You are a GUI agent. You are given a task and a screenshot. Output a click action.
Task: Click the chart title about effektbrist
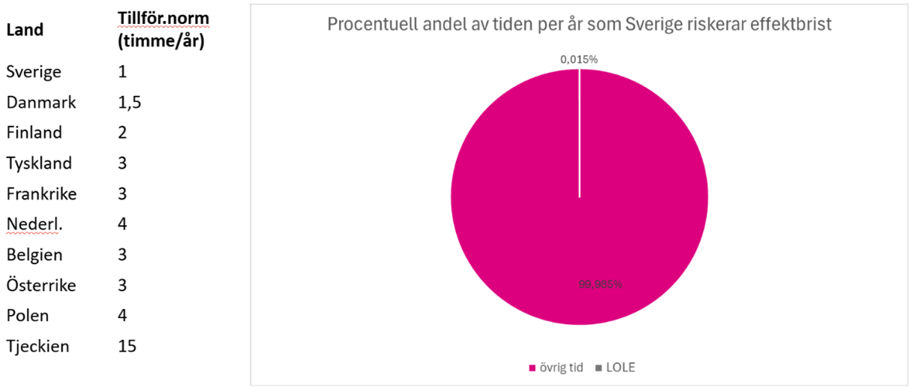point(579,24)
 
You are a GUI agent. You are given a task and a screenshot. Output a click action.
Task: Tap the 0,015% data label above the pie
point(579,59)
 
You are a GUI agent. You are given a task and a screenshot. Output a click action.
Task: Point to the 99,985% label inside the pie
point(600,284)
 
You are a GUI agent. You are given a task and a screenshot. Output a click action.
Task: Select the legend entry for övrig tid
point(553,367)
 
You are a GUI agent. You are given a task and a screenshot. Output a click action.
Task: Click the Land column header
point(25,30)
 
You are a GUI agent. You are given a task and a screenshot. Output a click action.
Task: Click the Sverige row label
point(34,72)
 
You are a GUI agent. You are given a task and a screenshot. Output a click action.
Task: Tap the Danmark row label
point(41,103)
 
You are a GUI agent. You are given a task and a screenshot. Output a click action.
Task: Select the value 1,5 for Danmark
point(130,103)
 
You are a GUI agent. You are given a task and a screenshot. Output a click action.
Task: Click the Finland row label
point(34,133)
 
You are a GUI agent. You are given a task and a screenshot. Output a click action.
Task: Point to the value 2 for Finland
point(123,133)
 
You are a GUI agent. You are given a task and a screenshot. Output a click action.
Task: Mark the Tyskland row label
point(39,163)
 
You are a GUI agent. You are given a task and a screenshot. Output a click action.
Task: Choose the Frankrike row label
point(41,193)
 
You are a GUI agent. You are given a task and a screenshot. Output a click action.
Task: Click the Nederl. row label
point(34,224)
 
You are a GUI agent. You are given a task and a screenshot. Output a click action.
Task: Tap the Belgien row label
point(34,255)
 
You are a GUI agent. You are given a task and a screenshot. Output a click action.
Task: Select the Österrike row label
point(41,285)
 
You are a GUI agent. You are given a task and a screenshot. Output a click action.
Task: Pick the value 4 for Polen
point(123,316)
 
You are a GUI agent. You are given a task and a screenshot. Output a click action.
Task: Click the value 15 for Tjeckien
point(127,346)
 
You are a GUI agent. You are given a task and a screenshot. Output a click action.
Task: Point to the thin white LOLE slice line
point(579,135)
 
